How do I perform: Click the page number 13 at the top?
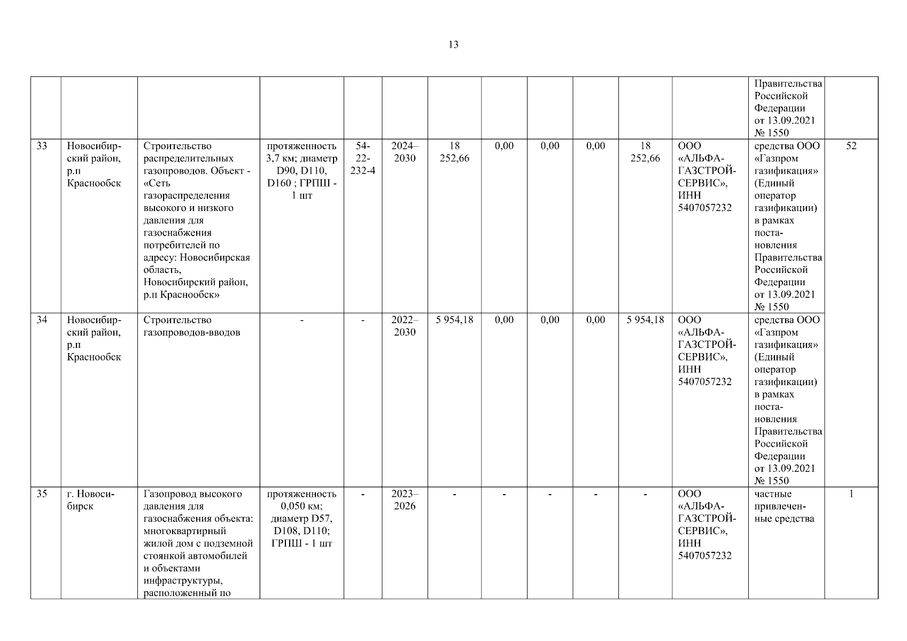(453, 45)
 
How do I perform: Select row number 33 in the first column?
(42, 146)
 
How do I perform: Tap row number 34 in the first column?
(42, 320)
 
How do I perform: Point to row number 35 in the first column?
(42, 494)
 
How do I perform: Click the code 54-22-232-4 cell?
(363, 158)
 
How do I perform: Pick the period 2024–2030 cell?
(405, 152)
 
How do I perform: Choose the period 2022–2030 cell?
(405, 326)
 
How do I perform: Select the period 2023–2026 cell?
(405, 500)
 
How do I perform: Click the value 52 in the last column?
(851, 146)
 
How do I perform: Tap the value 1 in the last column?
(851, 494)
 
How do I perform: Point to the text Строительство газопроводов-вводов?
(192, 326)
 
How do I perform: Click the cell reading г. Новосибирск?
(91, 500)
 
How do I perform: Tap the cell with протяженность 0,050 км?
(301, 519)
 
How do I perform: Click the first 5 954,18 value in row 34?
(454, 320)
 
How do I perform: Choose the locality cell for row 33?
(94, 165)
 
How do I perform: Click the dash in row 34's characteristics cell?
(301, 320)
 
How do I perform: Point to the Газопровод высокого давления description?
(198, 543)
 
